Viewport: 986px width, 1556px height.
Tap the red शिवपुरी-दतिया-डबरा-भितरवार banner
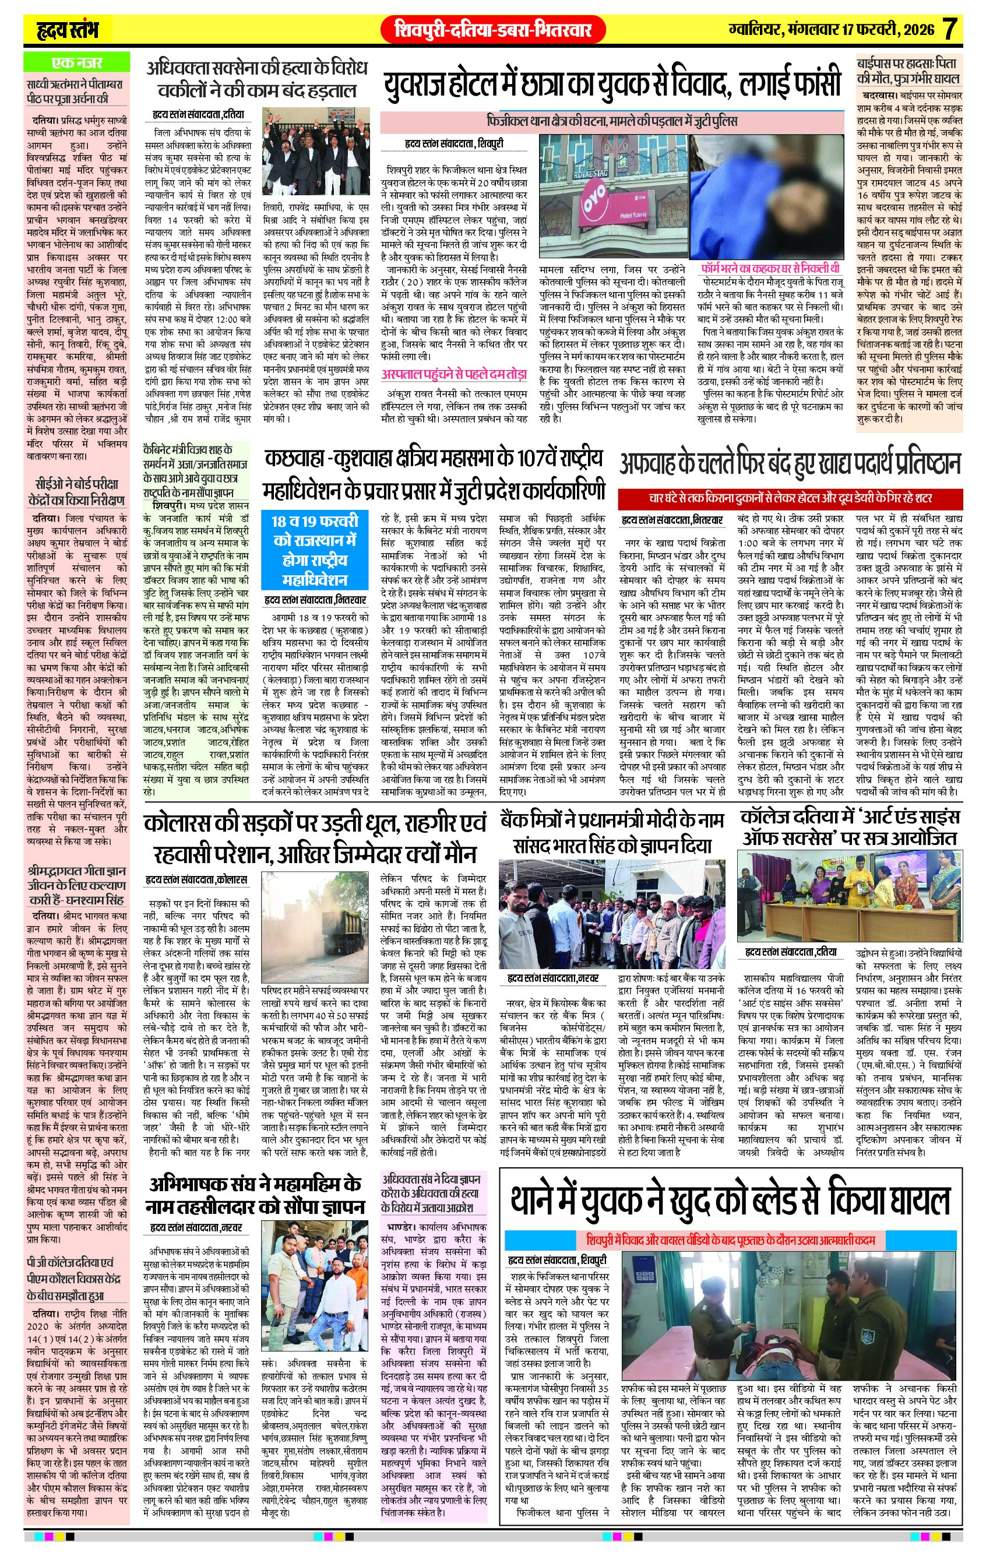(x=493, y=30)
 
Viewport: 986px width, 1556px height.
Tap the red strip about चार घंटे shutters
(x=789, y=499)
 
